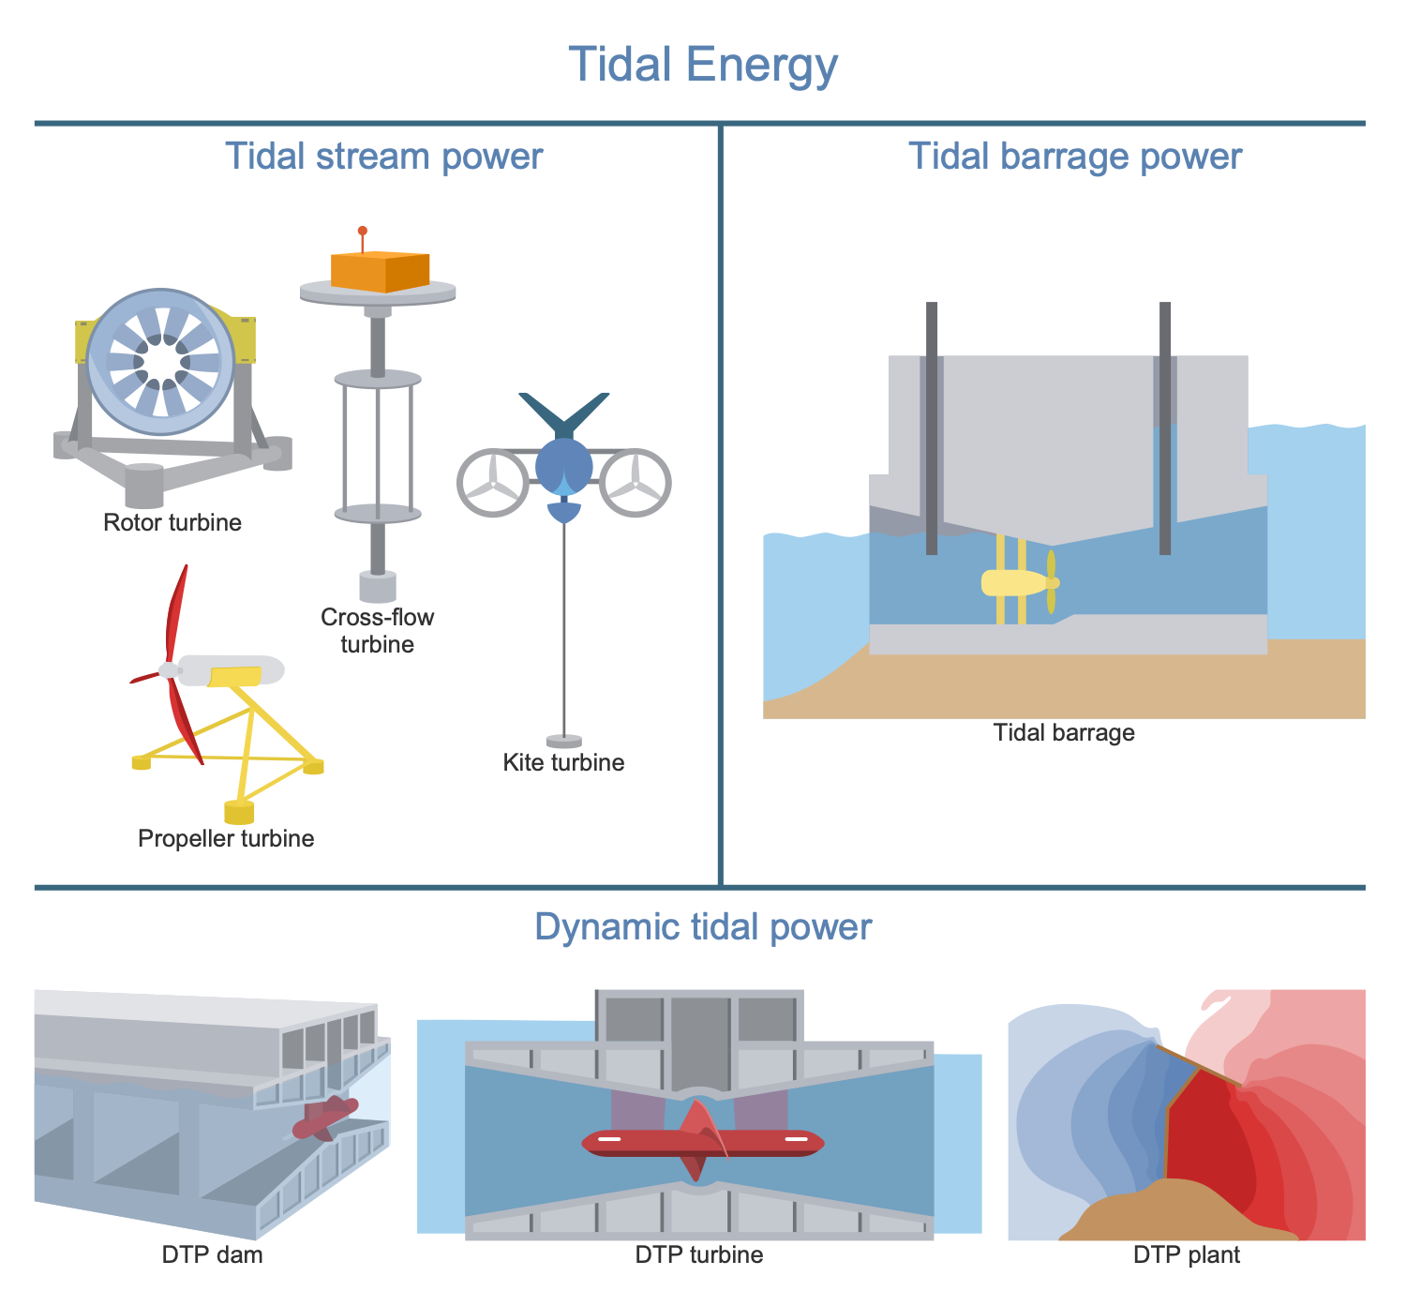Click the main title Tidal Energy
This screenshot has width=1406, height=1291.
point(703,65)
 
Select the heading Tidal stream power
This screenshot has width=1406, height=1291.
point(383,156)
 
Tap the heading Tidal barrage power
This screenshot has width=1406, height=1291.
point(1075,156)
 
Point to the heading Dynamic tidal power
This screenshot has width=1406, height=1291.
point(703,926)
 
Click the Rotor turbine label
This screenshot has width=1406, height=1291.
point(172,522)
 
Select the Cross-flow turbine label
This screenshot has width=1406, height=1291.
point(377,631)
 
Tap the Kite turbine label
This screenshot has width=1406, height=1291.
point(563,762)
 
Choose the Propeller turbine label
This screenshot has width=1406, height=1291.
point(226,838)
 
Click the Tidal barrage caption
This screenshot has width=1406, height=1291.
point(1064,732)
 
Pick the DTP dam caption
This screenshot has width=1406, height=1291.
point(213,1254)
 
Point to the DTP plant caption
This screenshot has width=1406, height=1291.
point(1187,1254)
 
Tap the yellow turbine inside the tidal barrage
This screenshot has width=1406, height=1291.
point(1017,582)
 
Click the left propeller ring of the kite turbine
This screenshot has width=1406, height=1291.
point(493,483)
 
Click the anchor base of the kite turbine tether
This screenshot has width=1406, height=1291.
point(563,741)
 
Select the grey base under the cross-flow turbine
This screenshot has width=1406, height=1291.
point(378,587)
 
